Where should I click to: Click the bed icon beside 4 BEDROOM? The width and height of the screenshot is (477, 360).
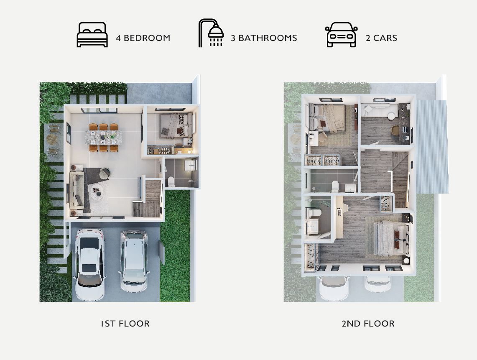[92, 35]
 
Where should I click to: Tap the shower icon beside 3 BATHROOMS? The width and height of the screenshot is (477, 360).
[211, 33]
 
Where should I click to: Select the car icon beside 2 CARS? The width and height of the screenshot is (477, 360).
[341, 35]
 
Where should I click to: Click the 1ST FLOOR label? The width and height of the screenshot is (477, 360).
[125, 324]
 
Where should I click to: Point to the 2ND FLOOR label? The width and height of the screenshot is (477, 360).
[368, 324]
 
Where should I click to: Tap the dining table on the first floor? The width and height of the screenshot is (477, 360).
[103, 137]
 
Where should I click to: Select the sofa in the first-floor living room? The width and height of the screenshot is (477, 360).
[77, 190]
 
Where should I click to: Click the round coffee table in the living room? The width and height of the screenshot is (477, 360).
[99, 192]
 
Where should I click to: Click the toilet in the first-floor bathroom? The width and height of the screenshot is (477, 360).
[171, 181]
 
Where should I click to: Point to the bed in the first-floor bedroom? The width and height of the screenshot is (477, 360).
[176, 125]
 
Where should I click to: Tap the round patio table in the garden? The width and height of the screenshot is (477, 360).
[52, 139]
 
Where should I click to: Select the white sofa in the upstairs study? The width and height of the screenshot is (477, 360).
[379, 110]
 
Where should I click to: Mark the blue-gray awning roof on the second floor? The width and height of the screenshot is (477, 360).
[432, 147]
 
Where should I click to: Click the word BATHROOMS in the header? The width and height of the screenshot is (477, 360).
[268, 38]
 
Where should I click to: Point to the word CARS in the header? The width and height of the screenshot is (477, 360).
[385, 38]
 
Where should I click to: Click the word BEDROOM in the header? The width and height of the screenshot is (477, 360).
[147, 38]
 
